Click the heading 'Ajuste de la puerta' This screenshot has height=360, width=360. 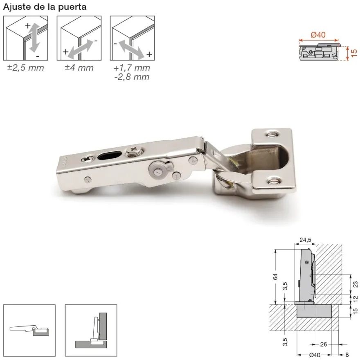[45, 7]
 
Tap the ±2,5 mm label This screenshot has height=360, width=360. [25, 68]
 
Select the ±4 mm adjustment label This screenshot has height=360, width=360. [79, 68]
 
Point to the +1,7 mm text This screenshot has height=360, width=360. [132, 68]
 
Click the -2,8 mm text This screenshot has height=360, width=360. [132, 77]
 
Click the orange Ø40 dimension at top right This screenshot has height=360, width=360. [318, 35]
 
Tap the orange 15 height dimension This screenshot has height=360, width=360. [354, 53]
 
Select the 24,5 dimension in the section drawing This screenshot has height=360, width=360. [305, 240]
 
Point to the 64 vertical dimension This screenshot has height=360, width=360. [275, 277]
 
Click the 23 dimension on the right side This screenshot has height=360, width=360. [355, 284]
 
